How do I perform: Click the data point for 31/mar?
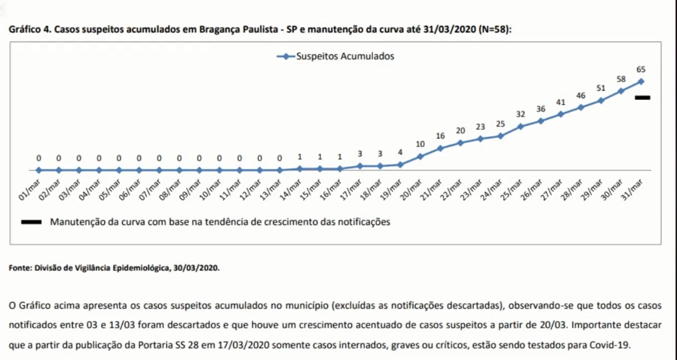(641, 82)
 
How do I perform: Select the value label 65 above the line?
(641, 69)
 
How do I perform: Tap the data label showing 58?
(621, 78)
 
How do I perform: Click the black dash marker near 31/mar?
(643, 98)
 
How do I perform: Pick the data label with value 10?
(420, 145)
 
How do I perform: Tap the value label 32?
(520, 114)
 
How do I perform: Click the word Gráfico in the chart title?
(21, 30)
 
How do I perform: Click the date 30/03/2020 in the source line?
(195, 268)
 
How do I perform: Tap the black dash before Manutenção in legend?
(33, 223)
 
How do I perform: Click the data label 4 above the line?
(400, 153)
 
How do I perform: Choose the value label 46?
(580, 95)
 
